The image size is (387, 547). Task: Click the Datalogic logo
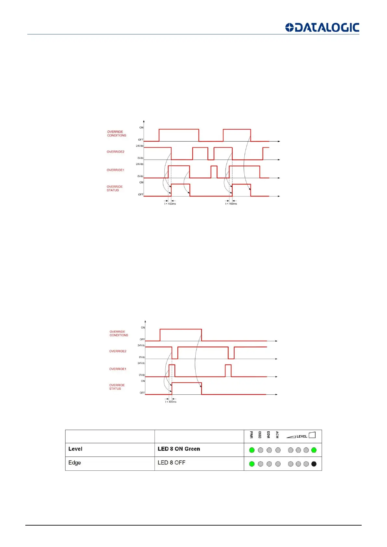(322, 28)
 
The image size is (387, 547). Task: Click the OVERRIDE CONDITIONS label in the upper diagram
(117, 134)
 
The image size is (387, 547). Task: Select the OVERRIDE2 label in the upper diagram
(115, 152)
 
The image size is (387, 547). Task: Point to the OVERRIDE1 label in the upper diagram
(115, 170)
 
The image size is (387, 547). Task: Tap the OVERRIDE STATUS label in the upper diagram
(114, 188)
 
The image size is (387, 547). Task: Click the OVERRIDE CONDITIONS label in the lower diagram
(119, 333)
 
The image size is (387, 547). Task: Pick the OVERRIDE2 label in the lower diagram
(118, 351)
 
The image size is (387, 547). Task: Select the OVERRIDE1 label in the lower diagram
(118, 369)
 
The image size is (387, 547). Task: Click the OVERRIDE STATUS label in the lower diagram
(117, 387)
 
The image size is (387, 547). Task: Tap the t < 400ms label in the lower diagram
(171, 402)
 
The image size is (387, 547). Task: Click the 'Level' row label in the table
(75, 449)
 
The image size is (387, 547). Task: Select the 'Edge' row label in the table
(74, 463)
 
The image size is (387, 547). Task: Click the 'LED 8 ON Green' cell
(179, 449)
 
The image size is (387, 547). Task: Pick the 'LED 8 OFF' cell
(171, 463)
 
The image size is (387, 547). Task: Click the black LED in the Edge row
(314, 464)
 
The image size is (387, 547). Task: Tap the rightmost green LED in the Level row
(314, 450)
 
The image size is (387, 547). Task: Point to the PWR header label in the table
(251, 435)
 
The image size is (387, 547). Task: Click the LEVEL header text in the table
(302, 436)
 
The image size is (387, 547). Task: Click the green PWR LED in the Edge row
(252, 464)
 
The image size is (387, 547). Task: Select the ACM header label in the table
(277, 435)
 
